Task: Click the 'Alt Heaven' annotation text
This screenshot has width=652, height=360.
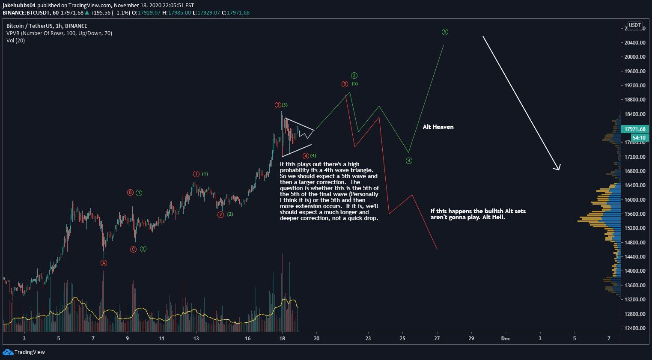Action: point(438,127)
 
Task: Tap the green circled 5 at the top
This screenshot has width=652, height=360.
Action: point(445,32)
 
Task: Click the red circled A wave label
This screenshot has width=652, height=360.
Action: point(104,263)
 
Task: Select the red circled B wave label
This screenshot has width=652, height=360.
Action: point(130,193)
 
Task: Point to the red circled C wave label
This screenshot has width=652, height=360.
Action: point(133,249)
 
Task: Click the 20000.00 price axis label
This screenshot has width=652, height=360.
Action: point(634,57)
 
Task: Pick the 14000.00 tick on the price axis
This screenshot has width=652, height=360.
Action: point(634,271)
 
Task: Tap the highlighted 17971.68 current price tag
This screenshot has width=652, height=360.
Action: point(634,129)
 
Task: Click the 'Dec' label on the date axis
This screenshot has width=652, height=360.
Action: point(506,339)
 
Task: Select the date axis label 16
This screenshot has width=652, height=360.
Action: point(248,339)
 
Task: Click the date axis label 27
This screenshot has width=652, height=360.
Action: point(437,339)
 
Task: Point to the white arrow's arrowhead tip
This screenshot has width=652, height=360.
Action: point(559,170)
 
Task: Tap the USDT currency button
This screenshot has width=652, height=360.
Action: point(634,25)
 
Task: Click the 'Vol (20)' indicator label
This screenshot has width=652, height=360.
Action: point(15,41)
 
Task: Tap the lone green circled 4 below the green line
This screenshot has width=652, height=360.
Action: point(409,161)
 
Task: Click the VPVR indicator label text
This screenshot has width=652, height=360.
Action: point(59,33)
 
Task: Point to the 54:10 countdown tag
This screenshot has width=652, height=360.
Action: point(639,138)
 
